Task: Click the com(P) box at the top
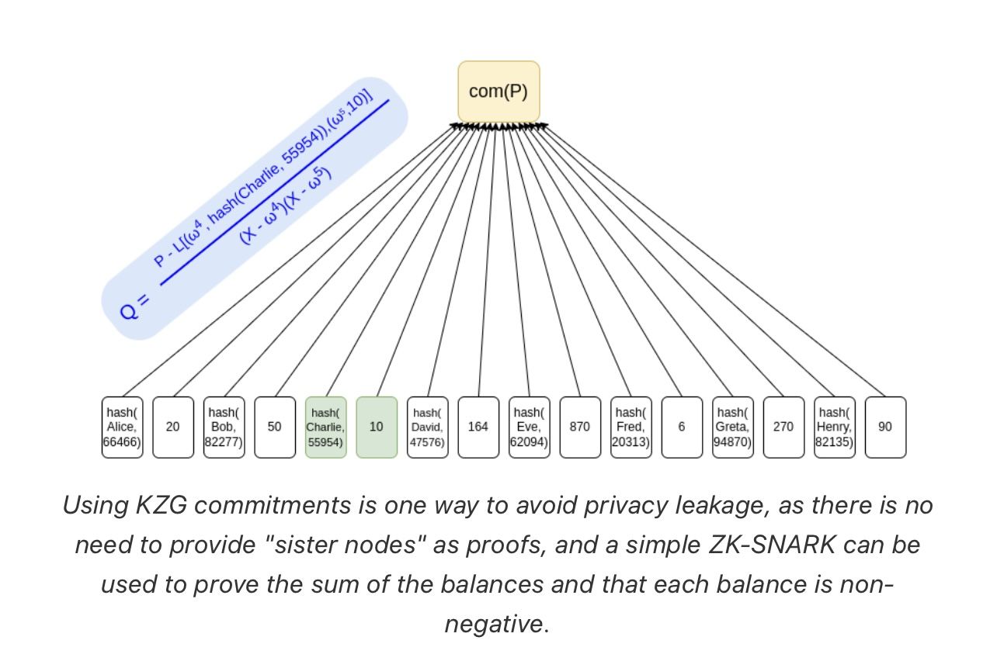(498, 92)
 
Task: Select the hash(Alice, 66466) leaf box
(122, 427)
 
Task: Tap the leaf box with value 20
(172, 427)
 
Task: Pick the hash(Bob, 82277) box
(224, 427)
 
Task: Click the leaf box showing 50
(275, 427)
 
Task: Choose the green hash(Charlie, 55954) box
(325, 427)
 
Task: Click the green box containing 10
(377, 427)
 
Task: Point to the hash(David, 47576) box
(427, 427)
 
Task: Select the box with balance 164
(478, 427)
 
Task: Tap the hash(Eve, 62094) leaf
(529, 427)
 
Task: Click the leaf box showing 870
(580, 427)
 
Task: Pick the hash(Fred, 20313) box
(631, 427)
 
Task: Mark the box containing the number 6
(682, 427)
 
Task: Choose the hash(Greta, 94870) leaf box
(732, 427)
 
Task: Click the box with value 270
(783, 427)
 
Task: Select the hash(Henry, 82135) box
(834, 427)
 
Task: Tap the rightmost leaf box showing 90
(885, 427)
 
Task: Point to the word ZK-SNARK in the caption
(772, 545)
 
